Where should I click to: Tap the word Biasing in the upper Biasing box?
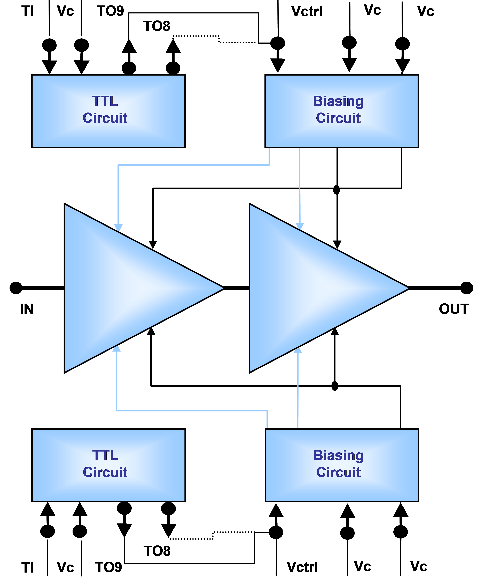(338, 101)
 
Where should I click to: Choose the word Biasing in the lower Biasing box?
(339, 455)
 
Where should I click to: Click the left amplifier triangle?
(124, 288)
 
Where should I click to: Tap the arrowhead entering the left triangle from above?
(118, 228)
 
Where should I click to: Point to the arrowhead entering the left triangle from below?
(116, 349)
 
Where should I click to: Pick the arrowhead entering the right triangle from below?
(298, 351)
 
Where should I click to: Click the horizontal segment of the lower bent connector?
(192, 411)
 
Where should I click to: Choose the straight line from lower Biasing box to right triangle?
(298, 391)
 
